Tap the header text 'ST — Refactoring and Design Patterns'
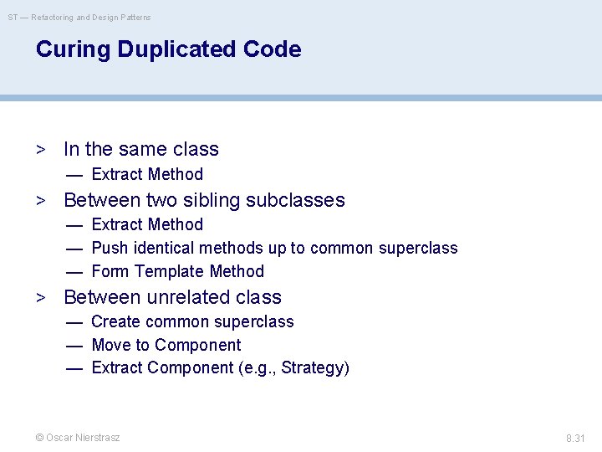(80, 17)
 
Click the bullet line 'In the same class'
(140, 149)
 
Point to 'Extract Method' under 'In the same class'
(147, 174)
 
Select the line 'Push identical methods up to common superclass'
(274, 248)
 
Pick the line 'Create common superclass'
(192, 321)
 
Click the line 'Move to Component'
(166, 345)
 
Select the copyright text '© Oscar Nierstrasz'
(77, 438)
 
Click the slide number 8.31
(575, 438)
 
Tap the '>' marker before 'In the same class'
(40, 149)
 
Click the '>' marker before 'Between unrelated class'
(40, 297)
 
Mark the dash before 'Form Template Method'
(74, 271)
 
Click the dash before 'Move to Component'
(74, 345)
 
